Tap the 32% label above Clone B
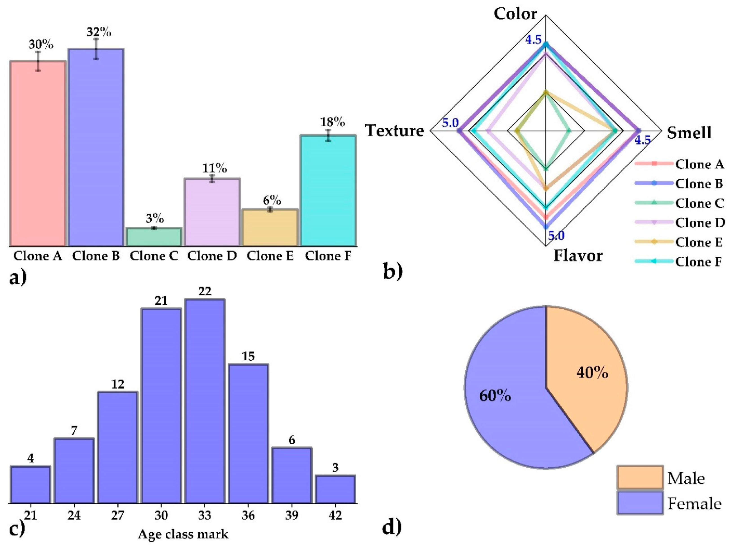99,32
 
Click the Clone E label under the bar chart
270,256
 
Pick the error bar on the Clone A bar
38,61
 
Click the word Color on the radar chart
515,14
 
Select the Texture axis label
394,131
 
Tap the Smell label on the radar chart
689,133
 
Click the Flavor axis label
578,256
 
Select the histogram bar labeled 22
205,401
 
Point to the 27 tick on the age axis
117,515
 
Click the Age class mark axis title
183,534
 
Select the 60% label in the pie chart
495,395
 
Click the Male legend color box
640,477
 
